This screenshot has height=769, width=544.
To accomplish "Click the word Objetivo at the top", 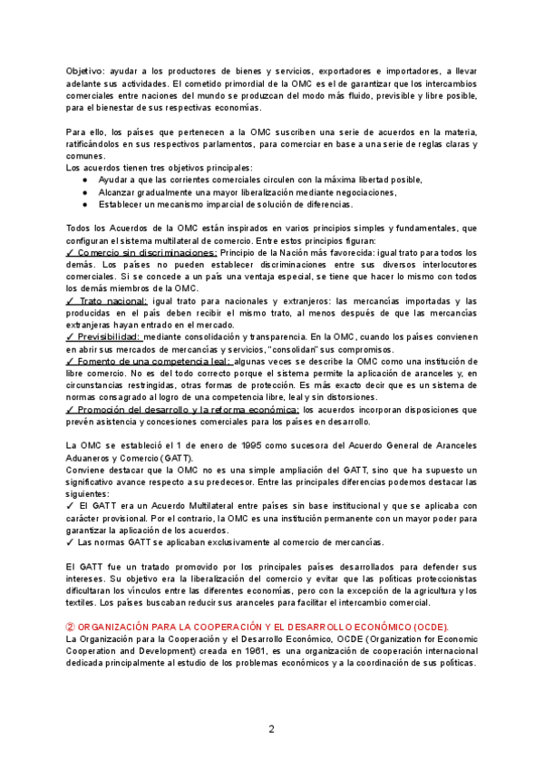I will pyautogui.click(x=83, y=70).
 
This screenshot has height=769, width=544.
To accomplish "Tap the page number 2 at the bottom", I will pyautogui.click(x=271, y=728).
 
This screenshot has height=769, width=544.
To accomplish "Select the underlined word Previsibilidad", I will pyautogui.click(x=109, y=336).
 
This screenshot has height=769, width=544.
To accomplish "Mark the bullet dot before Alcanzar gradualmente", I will pyautogui.click(x=85, y=192).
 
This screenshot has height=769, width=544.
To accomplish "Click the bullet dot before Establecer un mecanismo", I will pyautogui.click(x=85, y=204).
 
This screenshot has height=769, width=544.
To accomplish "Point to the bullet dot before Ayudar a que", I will pyautogui.click(x=85, y=180).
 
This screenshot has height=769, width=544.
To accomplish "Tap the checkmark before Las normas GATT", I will pyautogui.click(x=70, y=541).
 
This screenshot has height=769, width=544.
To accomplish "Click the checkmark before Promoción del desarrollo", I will pyautogui.click(x=70, y=410).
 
